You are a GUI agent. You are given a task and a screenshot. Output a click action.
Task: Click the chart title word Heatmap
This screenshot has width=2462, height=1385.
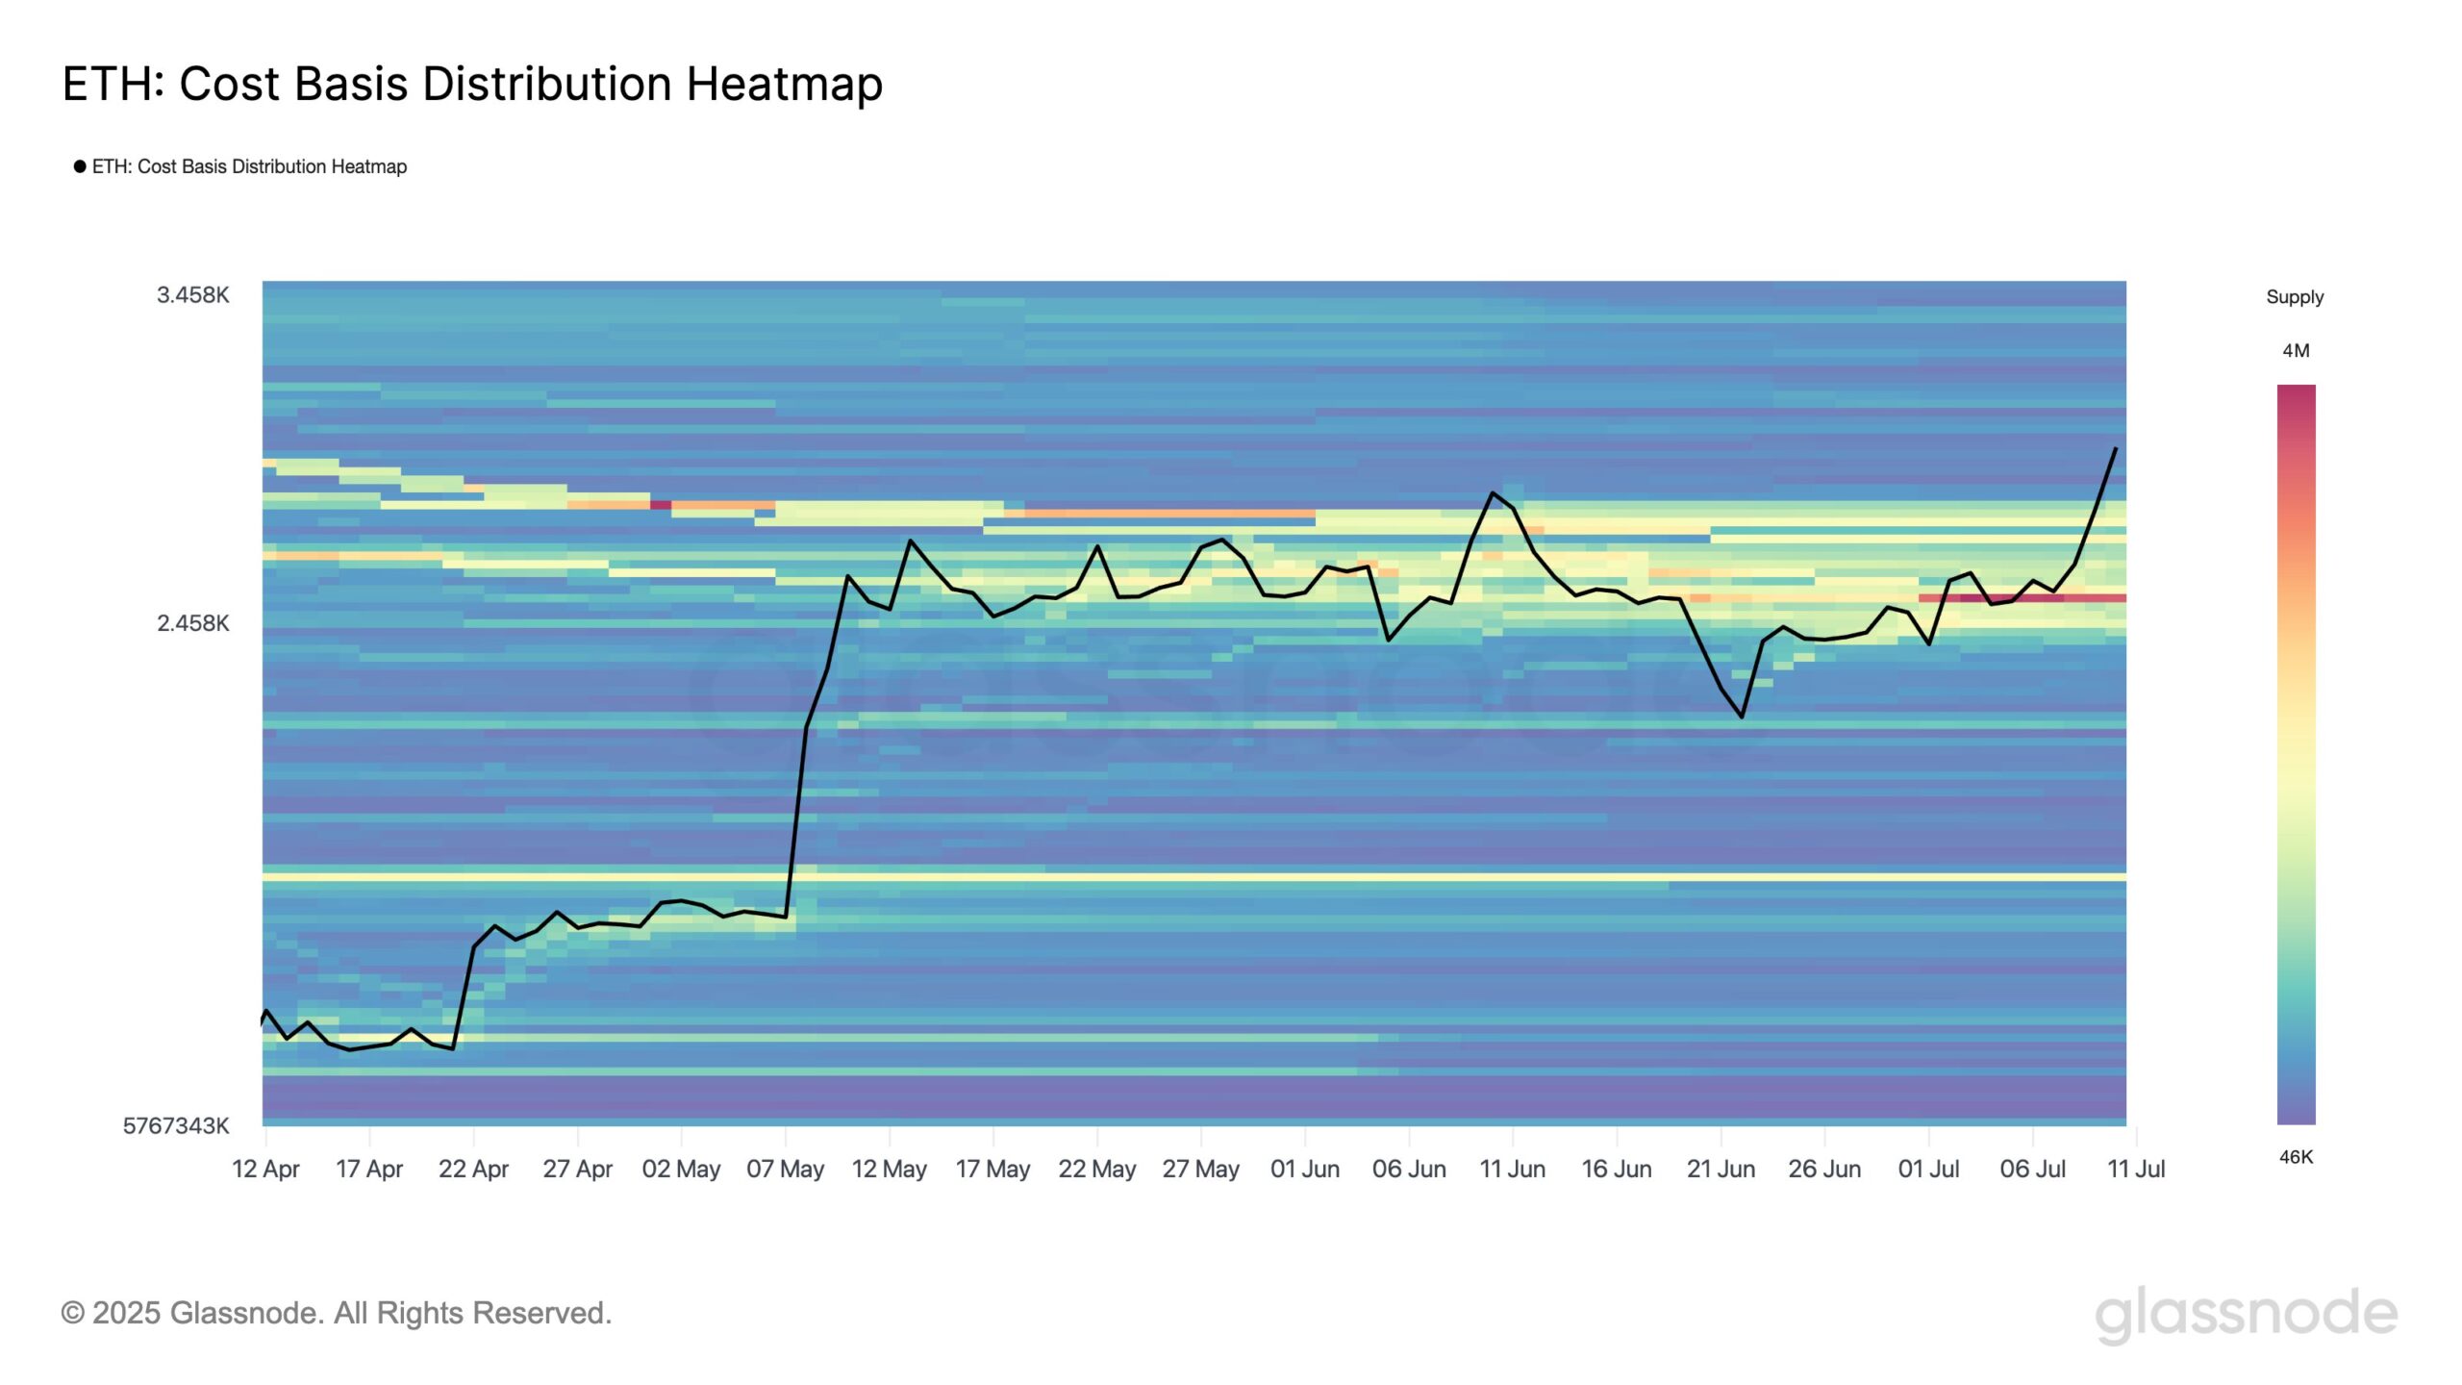784,84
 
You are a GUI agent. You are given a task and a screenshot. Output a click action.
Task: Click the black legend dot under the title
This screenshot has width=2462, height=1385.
80,166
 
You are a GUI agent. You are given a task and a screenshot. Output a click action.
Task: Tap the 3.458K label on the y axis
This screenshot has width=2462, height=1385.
193,295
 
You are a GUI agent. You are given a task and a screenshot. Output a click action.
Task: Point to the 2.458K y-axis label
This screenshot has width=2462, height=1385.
193,623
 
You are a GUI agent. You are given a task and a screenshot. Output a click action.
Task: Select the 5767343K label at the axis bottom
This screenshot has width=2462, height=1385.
176,1125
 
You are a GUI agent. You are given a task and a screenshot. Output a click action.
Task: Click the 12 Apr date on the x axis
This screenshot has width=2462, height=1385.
265,1169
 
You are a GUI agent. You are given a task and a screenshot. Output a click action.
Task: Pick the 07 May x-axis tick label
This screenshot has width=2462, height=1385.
785,1169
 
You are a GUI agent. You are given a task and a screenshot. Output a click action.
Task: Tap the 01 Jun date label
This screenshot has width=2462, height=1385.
1304,1169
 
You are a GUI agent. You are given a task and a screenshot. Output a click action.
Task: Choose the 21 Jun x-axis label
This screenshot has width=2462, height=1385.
1721,1169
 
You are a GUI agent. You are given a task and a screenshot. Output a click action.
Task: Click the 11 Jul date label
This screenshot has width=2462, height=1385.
2136,1169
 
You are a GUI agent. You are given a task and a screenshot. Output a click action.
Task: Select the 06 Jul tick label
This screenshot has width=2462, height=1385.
2032,1169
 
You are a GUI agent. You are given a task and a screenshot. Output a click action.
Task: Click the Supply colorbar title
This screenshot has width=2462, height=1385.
2295,297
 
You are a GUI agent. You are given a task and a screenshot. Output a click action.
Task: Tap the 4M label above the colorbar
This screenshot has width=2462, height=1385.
2296,351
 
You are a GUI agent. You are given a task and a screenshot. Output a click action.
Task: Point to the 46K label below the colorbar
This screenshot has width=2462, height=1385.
2296,1157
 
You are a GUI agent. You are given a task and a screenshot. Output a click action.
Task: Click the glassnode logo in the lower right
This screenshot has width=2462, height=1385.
2246,1313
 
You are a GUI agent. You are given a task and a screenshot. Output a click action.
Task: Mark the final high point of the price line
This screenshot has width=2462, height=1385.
2115,448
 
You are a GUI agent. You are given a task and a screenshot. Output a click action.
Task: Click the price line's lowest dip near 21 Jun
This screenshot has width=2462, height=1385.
1742,717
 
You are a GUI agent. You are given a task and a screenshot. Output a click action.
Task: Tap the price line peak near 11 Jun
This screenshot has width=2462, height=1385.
1493,492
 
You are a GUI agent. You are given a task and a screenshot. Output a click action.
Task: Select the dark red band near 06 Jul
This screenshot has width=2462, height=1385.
2020,598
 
